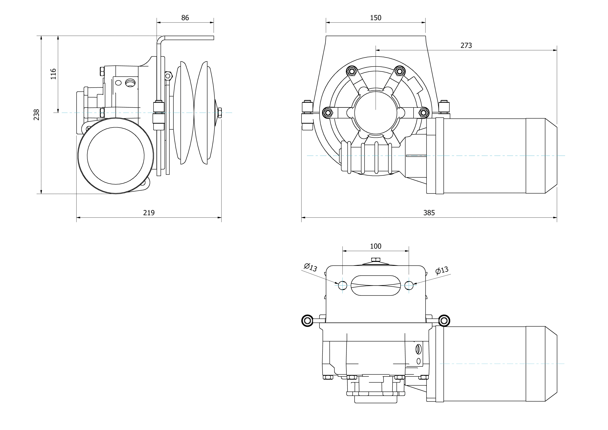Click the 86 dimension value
[x=185, y=18]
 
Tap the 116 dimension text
[x=53, y=74]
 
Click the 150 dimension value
[x=375, y=18]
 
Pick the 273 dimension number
[x=466, y=46]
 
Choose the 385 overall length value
[x=429, y=213]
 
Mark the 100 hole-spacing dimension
[x=375, y=246]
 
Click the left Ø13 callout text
[x=310, y=267]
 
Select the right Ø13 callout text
[x=442, y=270]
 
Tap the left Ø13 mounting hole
[x=342, y=285]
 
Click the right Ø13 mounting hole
[x=409, y=285]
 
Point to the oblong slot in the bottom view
[x=375, y=285]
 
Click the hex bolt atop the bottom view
[x=375, y=259]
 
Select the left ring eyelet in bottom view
[x=307, y=320]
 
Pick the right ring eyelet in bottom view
[x=444, y=320]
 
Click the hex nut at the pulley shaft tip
[x=220, y=113]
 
